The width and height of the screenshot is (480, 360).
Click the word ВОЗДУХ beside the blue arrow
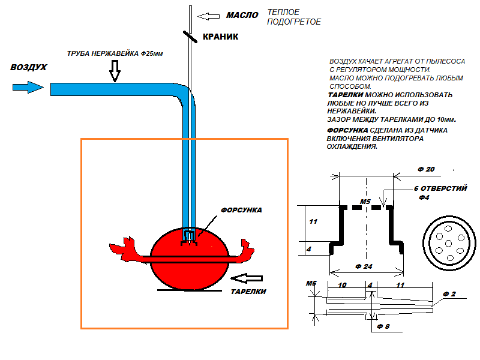coord(28,67)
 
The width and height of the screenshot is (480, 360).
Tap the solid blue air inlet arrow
coord(28,87)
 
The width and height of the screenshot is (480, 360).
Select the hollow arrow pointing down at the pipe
coord(115,71)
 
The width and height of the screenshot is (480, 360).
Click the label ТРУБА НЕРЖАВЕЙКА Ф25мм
coord(115,53)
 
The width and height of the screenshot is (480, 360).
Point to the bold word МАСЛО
coord(242,15)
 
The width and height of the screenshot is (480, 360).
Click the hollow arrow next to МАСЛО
coord(208,16)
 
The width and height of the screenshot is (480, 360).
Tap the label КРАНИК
coord(220,37)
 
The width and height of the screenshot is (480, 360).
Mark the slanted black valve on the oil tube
coord(190,37)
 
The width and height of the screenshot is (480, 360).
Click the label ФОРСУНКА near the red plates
coord(241,210)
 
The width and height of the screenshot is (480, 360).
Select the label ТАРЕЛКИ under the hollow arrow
coord(248,292)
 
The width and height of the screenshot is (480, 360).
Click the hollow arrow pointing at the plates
coord(247,278)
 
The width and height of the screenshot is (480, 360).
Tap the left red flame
coord(128,250)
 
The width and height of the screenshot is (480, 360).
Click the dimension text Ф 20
coord(426,169)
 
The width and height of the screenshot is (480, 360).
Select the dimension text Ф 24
coord(364,266)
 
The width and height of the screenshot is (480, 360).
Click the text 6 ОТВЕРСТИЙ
coord(440,188)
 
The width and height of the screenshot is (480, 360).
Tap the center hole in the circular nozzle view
coord(448,244)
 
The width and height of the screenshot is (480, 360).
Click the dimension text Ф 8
coord(383,326)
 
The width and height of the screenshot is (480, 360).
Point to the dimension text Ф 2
coord(449,294)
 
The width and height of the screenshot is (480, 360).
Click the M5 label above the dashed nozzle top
coord(365,202)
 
